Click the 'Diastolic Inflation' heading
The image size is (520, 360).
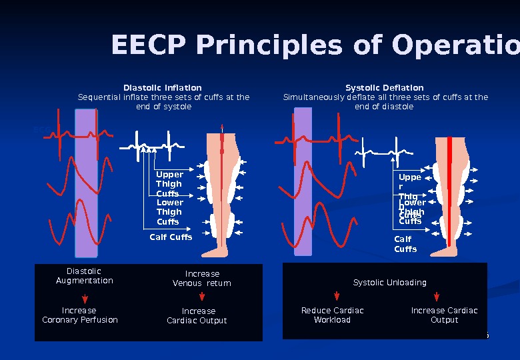pos(163,88)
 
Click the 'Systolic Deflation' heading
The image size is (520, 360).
pos(385,88)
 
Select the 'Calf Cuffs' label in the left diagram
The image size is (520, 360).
pos(171,237)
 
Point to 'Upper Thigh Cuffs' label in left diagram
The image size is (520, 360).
pos(169,184)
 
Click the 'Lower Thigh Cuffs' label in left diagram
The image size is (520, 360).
pos(169,212)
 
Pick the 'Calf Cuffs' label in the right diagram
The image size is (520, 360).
pos(405,244)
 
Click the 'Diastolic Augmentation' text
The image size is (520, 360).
pos(85,276)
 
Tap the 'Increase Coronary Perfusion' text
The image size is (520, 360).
pos(80,315)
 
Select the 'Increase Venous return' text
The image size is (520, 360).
pos(202,279)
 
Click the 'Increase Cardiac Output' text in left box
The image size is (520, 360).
pos(197,316)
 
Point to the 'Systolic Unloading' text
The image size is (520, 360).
pos(390,283)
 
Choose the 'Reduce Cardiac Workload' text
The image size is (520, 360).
pos(333,315)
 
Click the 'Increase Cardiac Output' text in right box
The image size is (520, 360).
pos(445,315)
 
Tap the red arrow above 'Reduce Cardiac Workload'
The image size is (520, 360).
pos(337,298)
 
